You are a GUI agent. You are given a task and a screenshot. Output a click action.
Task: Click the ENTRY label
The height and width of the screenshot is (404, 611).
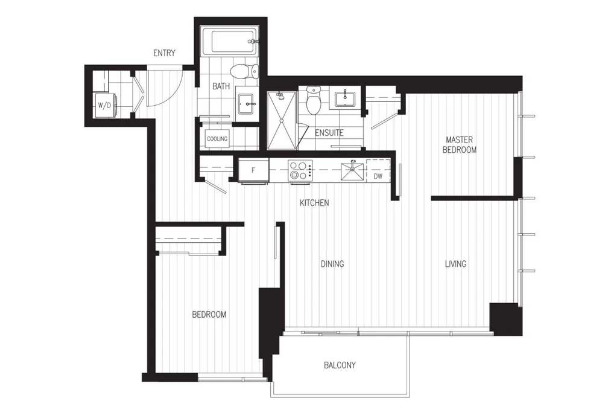pos(164,53)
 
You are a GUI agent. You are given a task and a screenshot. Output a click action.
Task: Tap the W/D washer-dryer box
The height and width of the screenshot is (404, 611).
pos(105,105)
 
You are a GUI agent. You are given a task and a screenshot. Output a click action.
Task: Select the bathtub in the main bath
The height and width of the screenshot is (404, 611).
pos(230,41)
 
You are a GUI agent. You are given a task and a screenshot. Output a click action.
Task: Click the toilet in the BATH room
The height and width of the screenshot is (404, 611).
pos(244,71)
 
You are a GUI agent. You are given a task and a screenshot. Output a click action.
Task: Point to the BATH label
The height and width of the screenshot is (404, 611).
pos(221,86)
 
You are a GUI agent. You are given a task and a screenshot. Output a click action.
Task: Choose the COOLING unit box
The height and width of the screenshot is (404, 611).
pos(217,139)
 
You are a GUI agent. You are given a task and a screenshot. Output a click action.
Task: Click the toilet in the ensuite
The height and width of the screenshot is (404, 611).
pos(313,100)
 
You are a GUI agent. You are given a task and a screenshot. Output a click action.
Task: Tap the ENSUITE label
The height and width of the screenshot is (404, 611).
pos(329,133)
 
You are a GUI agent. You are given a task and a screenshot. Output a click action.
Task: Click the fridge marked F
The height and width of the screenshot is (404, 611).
pos(253,170)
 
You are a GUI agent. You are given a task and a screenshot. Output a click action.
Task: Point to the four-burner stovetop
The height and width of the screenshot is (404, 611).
pos(300,170)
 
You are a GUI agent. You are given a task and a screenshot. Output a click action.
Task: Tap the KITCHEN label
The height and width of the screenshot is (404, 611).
pos(314,203)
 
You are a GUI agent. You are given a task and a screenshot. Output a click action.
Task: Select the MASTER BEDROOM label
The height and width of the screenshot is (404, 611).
pos(460,145)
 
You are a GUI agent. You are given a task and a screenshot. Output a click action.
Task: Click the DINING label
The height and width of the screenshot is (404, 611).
pos(332,264)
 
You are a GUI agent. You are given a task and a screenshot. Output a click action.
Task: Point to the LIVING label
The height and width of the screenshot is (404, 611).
pos(455,264)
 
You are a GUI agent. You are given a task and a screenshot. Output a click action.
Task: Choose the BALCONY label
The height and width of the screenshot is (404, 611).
pos(340,365)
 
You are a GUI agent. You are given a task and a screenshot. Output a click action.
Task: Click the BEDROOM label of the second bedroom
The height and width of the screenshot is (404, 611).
pos(209,314)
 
